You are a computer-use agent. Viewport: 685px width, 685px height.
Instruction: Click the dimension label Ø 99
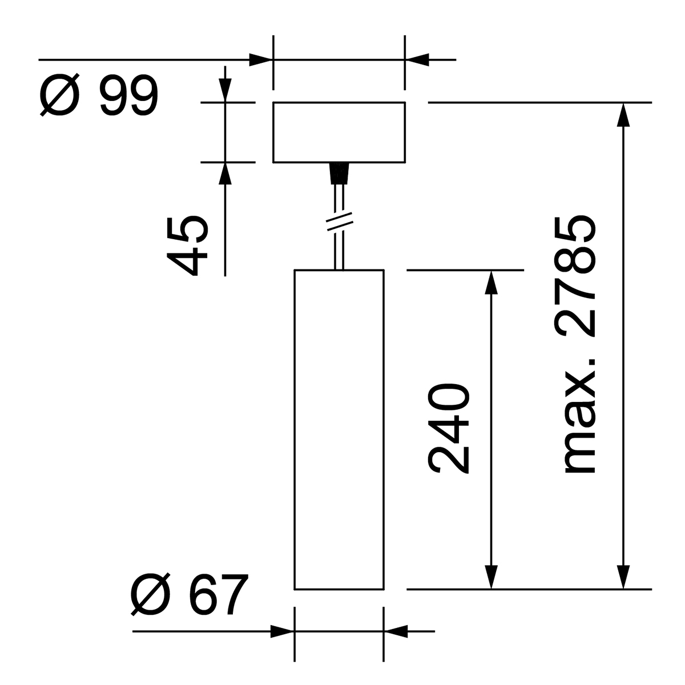[98, 96]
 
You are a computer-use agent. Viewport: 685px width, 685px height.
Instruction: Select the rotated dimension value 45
[187, 245]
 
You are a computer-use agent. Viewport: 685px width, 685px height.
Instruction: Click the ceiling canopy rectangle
[339, 132]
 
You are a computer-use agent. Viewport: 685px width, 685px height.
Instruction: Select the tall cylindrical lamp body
[339, 428]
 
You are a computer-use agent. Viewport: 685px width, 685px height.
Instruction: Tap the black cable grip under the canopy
[339, 173]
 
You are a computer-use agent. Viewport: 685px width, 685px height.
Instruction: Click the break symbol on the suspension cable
[339, 221]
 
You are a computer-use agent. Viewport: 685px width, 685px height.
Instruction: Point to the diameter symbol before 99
[58, 96]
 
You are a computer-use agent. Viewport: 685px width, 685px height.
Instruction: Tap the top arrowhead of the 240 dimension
[490, 282]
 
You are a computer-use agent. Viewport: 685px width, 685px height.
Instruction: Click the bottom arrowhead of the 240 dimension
[490, 577]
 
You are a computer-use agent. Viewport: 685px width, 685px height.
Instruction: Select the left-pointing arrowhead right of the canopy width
[417, 59]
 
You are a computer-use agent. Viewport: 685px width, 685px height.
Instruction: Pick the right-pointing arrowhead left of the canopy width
[261, 59]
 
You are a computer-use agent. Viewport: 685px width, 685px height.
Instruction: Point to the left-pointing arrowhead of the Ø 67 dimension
[396, 631]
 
